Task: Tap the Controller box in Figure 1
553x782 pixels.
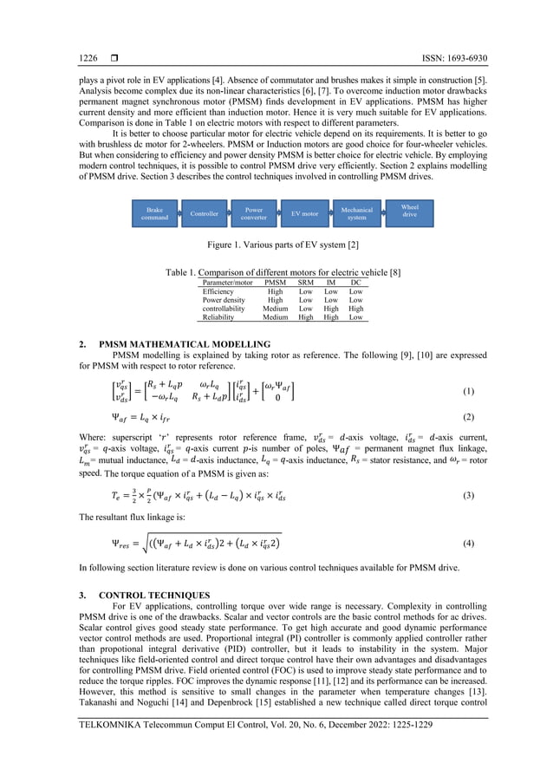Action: point(205,212)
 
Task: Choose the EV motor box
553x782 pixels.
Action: point(304,212)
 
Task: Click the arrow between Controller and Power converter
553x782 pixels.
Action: point(229,212)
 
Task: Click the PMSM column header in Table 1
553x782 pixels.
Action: point(275,283)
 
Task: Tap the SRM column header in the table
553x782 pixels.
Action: point(305,283)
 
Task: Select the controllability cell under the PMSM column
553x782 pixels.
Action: point(275,306)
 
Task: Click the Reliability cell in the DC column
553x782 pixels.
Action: point(355,317)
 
